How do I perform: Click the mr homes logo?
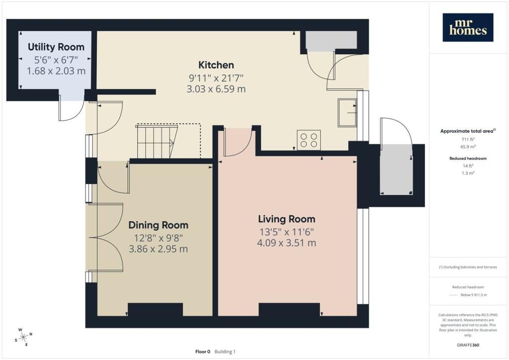pos(468,27)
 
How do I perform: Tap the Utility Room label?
pos(56,47)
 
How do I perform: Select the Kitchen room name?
pos(216,65)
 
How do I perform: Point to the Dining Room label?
pos(159,225)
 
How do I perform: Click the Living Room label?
pos(287,219)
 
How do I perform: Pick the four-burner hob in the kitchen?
pos(309,140)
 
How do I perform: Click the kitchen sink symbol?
pos(347,113)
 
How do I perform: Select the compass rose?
pos(23,337)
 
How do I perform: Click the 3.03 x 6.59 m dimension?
pos(216,89)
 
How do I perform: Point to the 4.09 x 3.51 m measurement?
pos(287,243)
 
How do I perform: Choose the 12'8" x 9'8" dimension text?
pos(159,238)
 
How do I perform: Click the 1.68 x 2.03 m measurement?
pos(56,71)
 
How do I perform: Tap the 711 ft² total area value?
pos(468,139)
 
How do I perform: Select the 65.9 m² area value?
pos(468,147)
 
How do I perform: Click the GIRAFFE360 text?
pos(468,345)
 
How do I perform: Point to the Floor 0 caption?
pos(203,352)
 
